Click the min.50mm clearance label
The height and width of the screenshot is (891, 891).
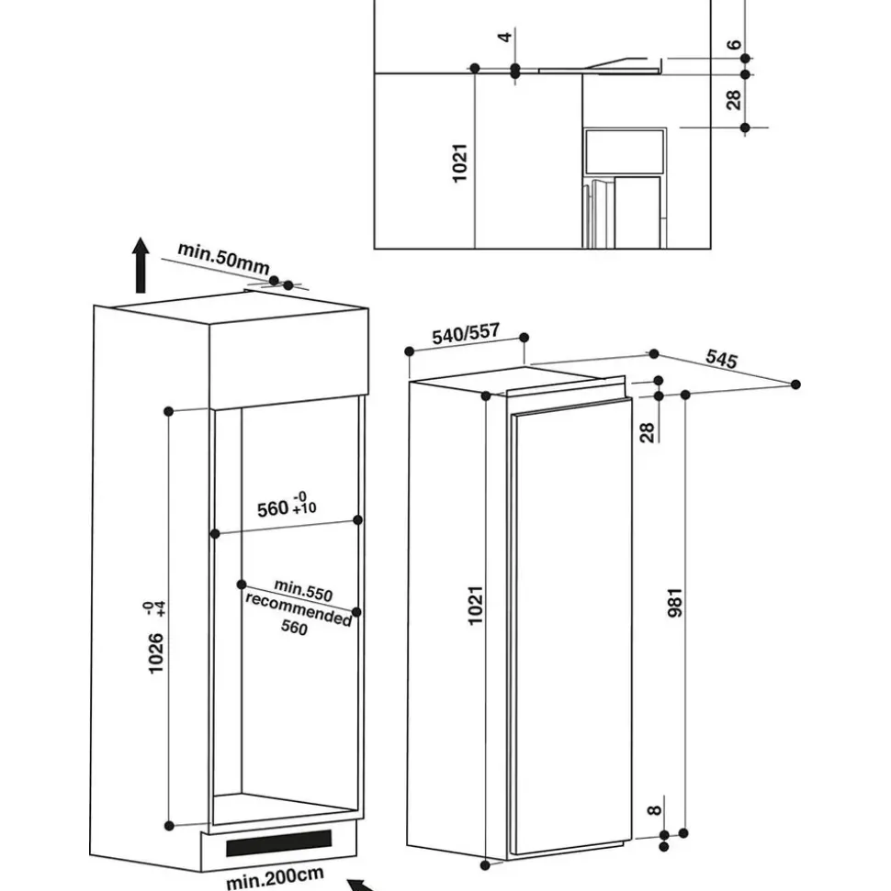point(223,258)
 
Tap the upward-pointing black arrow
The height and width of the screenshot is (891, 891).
point(141,265)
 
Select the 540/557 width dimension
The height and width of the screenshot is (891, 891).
point(466,333)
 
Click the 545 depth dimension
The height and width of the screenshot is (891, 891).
point(721,359)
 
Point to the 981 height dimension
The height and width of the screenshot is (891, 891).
point(674,603)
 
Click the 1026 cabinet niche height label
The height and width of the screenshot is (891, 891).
point(155,653)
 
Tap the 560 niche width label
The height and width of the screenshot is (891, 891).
point(273,508)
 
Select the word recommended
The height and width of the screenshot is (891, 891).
point(299,608)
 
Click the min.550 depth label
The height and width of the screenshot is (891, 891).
point(303,590)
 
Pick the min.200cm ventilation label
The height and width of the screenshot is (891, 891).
point(276,877)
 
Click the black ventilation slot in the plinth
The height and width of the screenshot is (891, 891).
point(279,842)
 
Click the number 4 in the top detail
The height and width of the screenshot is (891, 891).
point(504,38)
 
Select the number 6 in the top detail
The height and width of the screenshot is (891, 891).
point(735,44)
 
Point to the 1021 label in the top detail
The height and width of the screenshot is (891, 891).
point(459,163)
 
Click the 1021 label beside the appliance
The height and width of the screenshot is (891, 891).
point(475,606)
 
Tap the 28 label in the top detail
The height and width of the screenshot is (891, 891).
point(734,99)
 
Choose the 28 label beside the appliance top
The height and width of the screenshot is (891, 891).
point(647,432)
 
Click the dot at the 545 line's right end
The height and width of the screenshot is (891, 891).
point(796,384)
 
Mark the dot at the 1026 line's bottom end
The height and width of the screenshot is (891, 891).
point(169,826)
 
